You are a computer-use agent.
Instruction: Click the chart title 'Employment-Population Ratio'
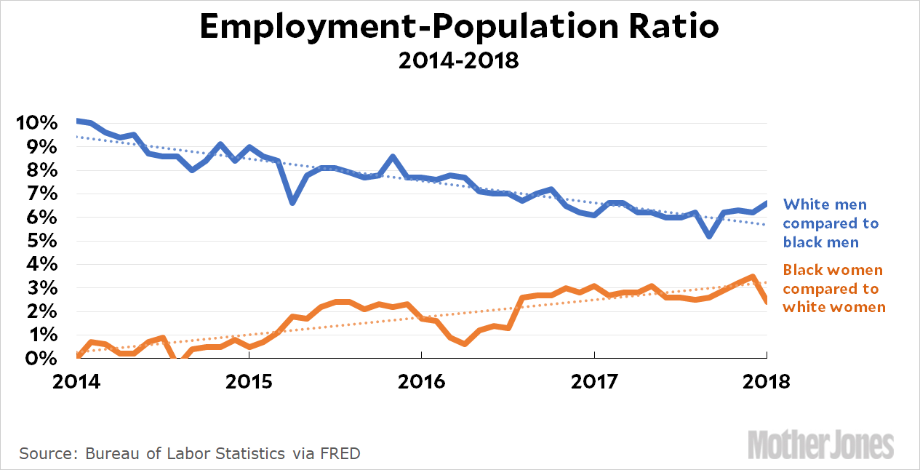460,27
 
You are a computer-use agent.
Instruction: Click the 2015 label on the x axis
249,382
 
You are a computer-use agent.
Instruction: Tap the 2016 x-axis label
422,382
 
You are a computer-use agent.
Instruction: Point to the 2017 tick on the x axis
594,382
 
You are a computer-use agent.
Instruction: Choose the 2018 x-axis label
767,382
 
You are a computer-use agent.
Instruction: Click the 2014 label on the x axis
76,382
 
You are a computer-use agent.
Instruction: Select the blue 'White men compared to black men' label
830,223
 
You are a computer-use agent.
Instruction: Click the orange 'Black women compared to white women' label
833,288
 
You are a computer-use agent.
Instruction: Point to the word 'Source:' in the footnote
49,454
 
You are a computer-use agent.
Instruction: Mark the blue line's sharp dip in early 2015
292,202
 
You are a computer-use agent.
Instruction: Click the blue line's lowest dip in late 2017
709,236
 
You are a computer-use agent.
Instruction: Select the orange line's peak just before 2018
753,276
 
